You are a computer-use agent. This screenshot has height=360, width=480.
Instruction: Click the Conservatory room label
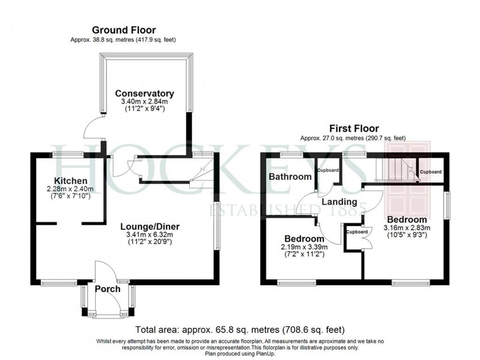coord(144,93)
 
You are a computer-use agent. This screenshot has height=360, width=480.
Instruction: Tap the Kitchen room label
coord(70,181)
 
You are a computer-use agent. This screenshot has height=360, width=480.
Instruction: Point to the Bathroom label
coord(290,177)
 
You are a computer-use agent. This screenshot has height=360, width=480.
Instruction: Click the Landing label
coord(339,202)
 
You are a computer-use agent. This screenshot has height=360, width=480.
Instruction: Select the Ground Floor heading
coord(123,30)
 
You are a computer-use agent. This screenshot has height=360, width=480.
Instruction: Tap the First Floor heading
coord(353,129)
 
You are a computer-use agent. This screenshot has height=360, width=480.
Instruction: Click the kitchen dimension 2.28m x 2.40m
coord(70,189)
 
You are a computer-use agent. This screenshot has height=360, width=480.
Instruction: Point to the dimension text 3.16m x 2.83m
coord(407,228)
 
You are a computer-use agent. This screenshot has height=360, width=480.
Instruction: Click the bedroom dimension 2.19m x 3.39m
coord(304,247)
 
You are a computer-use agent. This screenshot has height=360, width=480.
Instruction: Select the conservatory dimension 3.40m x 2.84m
coord(144,102)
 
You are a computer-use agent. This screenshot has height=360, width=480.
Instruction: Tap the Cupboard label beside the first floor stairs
coord(431,172)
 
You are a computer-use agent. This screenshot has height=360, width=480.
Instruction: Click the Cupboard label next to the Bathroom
coord(328,170)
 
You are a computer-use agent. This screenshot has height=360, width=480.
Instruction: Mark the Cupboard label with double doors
coord(357,232)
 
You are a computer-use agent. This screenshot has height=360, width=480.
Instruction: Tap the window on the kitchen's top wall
coord(69,154)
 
